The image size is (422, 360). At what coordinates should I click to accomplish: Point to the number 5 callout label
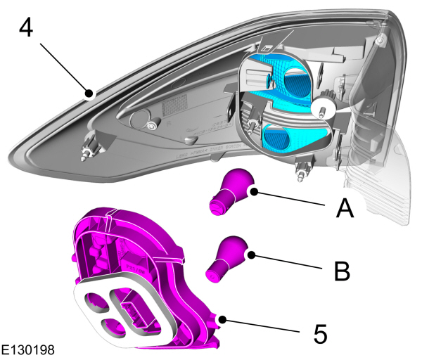click(320, 333)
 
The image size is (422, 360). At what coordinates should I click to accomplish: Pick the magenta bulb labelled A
click(230, 193)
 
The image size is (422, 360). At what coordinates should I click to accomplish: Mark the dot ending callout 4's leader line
click(89, 92)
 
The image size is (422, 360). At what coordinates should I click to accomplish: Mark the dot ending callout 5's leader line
click(222, 319)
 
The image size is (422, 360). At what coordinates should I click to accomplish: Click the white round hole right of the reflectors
click(325, 107)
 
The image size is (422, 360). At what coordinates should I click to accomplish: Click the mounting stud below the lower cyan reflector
click(303, 168)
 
